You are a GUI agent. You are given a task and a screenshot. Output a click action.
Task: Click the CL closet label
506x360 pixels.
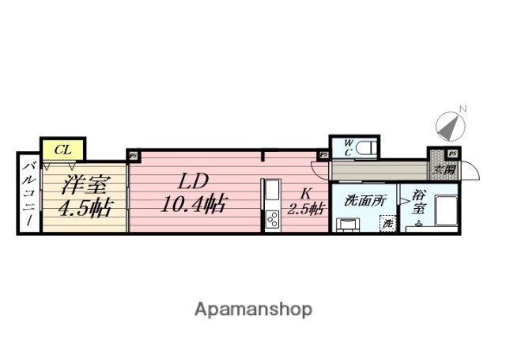[x=62, y=148]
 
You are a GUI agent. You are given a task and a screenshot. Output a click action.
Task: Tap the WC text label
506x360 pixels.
[x=348, y=147]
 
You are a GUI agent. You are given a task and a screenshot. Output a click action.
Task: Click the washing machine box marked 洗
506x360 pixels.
[x=387, y=224]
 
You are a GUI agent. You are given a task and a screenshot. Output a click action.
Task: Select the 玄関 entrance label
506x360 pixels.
[x=444, y=169]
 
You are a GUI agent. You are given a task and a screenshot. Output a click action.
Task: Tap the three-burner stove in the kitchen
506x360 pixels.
[x=271, y=218]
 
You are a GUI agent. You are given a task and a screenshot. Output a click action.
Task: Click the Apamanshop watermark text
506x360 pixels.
[x=254, y=308]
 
